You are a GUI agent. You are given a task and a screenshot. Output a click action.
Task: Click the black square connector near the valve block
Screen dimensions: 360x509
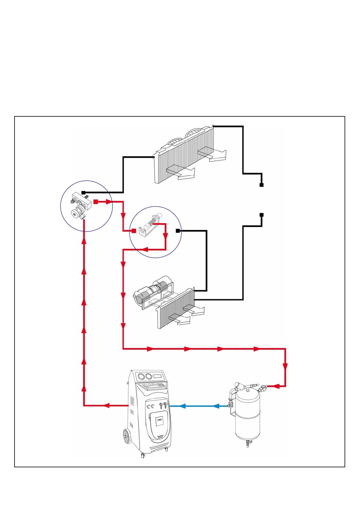coord(83,193)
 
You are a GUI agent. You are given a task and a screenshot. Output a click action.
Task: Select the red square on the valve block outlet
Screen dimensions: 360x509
coord(96,202)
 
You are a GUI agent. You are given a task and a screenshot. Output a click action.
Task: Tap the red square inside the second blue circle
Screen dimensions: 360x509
coord(134,231)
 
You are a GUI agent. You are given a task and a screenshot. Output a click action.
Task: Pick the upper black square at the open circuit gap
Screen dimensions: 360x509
coord(262,185)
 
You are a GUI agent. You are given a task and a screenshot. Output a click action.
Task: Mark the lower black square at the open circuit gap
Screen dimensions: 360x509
coord(262,215)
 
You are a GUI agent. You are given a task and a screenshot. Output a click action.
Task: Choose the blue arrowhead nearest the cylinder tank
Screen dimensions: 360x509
coord(216,406)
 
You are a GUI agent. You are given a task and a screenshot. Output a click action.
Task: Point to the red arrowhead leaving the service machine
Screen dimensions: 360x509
coord(106,405)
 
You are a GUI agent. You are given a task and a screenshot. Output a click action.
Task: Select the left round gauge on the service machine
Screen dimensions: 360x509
coord(140,377)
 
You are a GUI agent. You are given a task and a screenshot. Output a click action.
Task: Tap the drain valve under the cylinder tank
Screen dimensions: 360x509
coord(248,443)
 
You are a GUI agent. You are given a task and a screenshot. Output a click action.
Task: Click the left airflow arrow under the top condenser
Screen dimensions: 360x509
coord(182,172)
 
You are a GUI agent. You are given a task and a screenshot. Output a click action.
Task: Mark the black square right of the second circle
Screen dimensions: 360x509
coord(178,231)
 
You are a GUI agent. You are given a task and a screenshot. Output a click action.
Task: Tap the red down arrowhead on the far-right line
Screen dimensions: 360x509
coord(285,366)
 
